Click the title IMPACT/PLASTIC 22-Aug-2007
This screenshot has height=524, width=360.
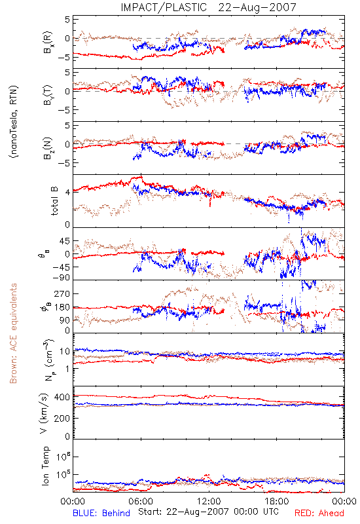tap(208, 7)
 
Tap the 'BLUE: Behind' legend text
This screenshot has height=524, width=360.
tap(101, 514)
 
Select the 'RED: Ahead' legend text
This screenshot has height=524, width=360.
tap(319, 514)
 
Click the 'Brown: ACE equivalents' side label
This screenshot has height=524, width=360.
tap(13, 333)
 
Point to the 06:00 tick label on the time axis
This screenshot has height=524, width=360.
tap(141, 501)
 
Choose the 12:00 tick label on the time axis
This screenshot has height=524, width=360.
tap(209, 501)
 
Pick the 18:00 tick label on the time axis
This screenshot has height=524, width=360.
tap(277, 501)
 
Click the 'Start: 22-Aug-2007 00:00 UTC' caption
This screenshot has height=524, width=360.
tap(208, 512)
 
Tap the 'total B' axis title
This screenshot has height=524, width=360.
tap(54, 201)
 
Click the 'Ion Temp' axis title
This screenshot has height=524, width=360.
tap(45, 466)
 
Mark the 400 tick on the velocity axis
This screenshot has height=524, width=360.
tap(62, 397)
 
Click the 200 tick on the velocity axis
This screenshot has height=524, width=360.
tap(62, 418)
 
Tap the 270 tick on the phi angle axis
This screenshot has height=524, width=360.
tap(62, 293)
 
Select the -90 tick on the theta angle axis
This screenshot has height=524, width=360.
tap(62, 278)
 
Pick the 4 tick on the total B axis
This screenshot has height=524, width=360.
tap(67, 193)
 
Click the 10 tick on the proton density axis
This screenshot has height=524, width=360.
tap(65, 352)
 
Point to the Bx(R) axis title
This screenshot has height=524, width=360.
tap(47, 42)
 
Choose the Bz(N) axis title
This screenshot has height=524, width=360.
tap(47, 148)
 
